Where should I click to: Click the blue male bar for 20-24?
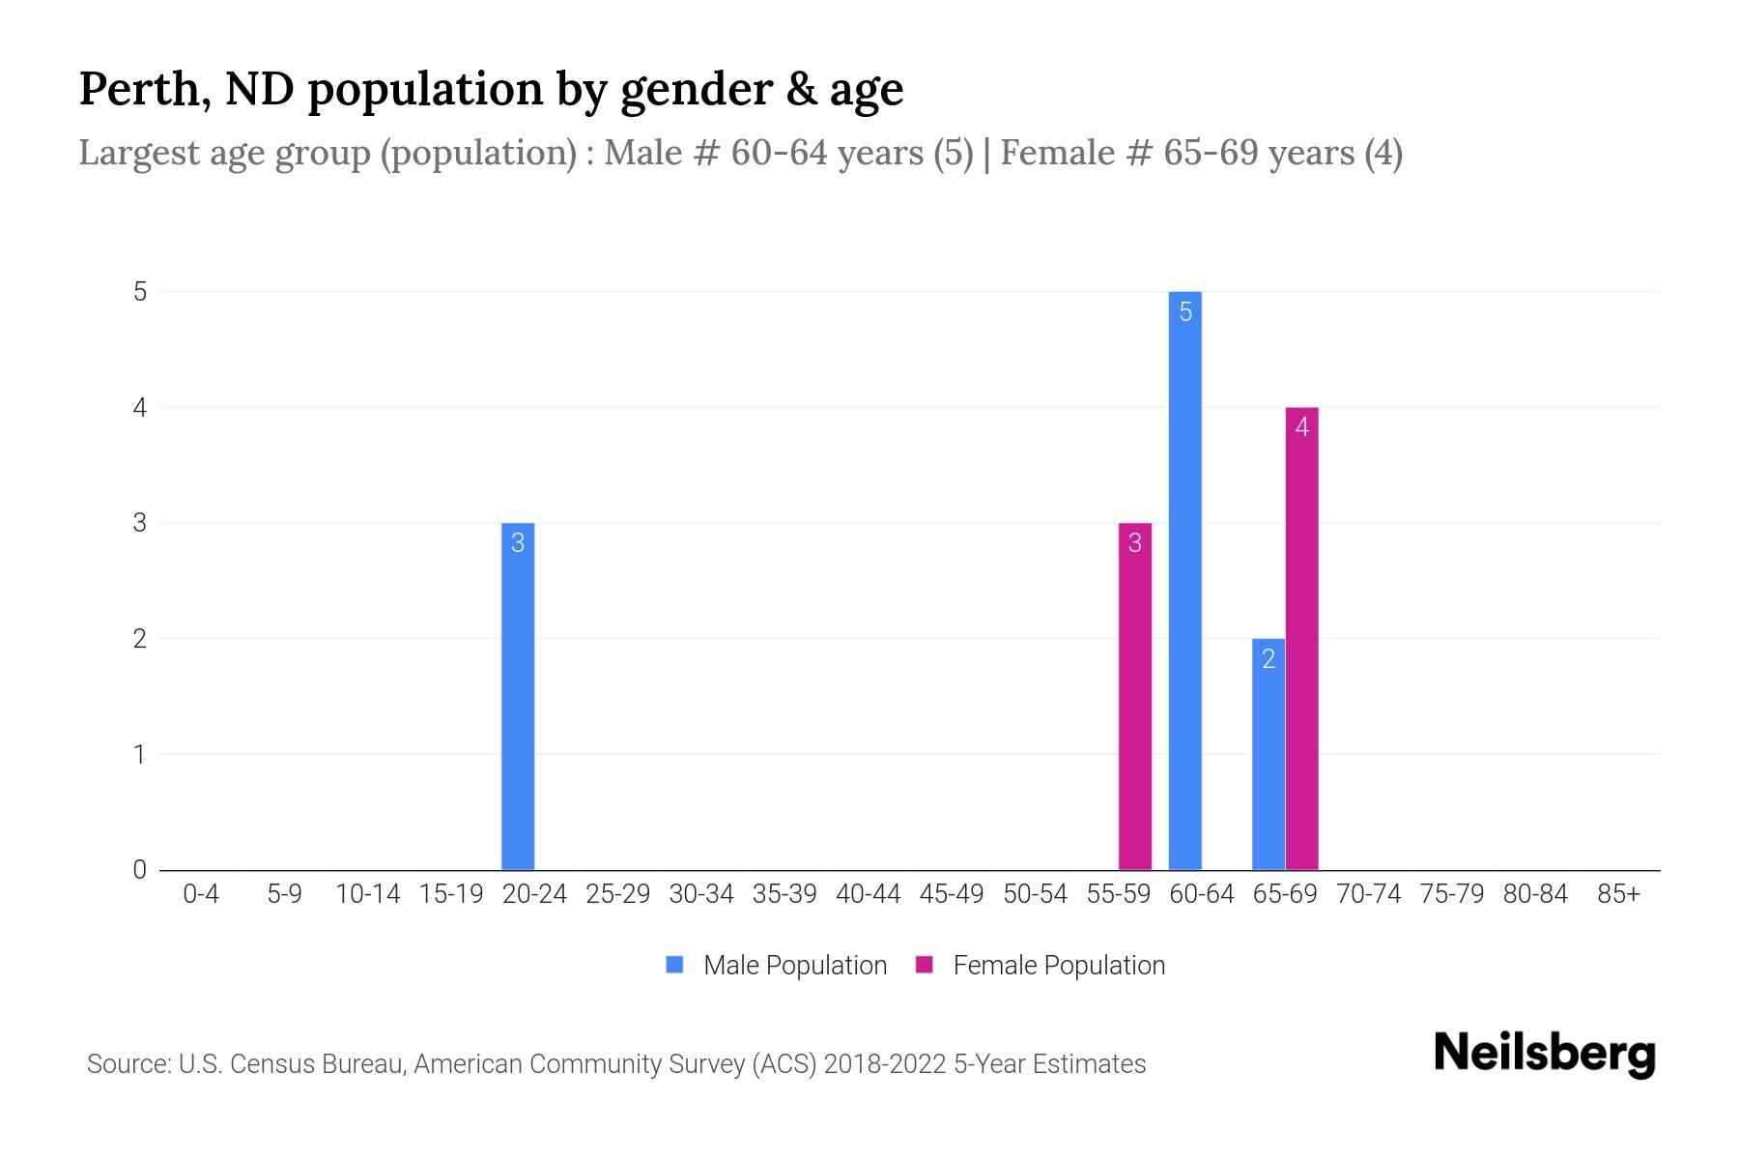tap(518, 696)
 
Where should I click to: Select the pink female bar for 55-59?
tap(1134, 696)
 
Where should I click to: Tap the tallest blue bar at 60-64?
tap(1185, 580)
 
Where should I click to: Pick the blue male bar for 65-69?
tap(1268, 754)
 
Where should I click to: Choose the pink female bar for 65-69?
tap(1301, 638)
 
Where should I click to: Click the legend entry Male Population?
tap(794, 965)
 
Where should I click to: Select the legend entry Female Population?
tap(1058, 965)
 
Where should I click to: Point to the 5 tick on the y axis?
tap(140, 292)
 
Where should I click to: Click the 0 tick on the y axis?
tap(140, 869)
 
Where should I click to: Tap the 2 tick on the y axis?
tap(140, 639)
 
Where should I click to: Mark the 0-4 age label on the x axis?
tap(201, 894)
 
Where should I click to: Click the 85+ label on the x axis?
tap(1618, 894)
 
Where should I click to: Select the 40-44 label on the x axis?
tap(868, 894)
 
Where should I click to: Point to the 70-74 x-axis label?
tap(1368, 894)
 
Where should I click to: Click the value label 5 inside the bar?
tap(1185, 312)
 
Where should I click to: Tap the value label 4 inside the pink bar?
tap(1301, 427)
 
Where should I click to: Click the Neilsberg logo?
tap(1544, 1054)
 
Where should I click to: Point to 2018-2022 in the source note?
tap(885, 1064)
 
